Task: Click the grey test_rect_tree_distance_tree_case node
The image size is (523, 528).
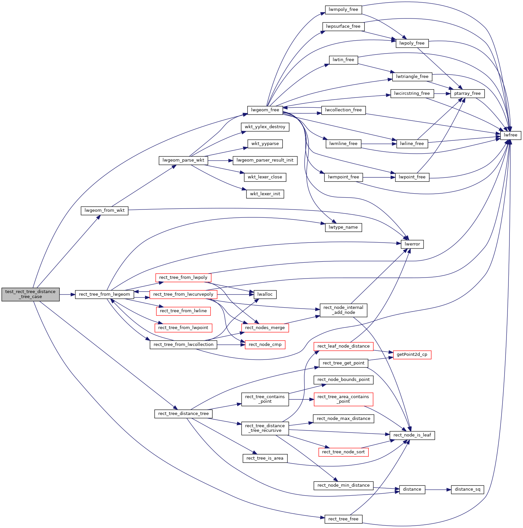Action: click(30, 294)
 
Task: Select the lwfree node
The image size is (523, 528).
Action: click(510, 135)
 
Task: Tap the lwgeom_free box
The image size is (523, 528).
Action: click(265, 110)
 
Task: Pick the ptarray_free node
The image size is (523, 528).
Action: click(467, 94)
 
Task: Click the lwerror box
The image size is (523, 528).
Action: click(412, 244)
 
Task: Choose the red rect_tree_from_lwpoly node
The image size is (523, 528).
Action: click(183, 278)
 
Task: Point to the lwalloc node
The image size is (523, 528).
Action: click(265, 294)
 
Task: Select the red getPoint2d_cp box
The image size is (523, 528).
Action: click(412, 355)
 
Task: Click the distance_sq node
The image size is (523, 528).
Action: click(467, 489)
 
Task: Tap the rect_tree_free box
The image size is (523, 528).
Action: click(343, 519)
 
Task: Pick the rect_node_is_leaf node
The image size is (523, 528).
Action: click(412, 435)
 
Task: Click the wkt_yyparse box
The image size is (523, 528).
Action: click(265, 144)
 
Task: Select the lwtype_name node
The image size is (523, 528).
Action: click(343, 227)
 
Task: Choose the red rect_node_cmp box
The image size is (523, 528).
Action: click(265, 345)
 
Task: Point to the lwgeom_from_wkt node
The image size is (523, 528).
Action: click(104, 210)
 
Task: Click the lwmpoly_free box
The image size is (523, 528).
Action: click(343, 10)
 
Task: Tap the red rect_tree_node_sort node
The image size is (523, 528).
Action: click(343, 452)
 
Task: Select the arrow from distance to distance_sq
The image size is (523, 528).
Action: click(438, 490)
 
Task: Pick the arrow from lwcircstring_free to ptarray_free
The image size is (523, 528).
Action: click(442, 94)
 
